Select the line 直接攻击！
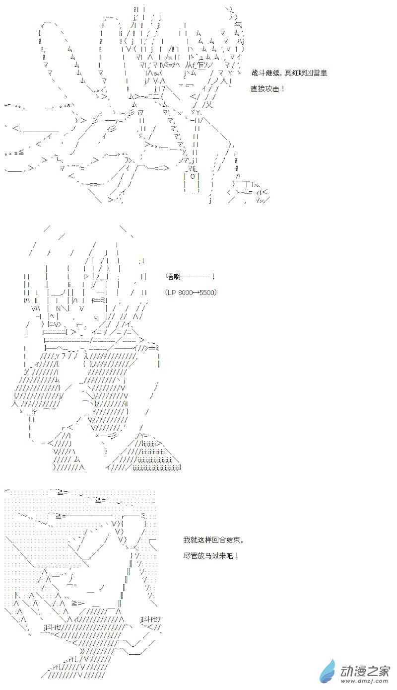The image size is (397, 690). tap(267, 89)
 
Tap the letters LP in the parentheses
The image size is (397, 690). tap(172, 292)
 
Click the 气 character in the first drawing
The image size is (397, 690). tap(238, 25)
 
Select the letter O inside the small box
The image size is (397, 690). tap(193, 176)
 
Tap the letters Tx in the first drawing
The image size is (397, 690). tap(255, 184)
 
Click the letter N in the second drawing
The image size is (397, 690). tap(59, 308)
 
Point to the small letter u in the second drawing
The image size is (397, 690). tap(96, 317)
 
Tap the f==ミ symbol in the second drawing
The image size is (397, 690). tap(99, 300)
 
